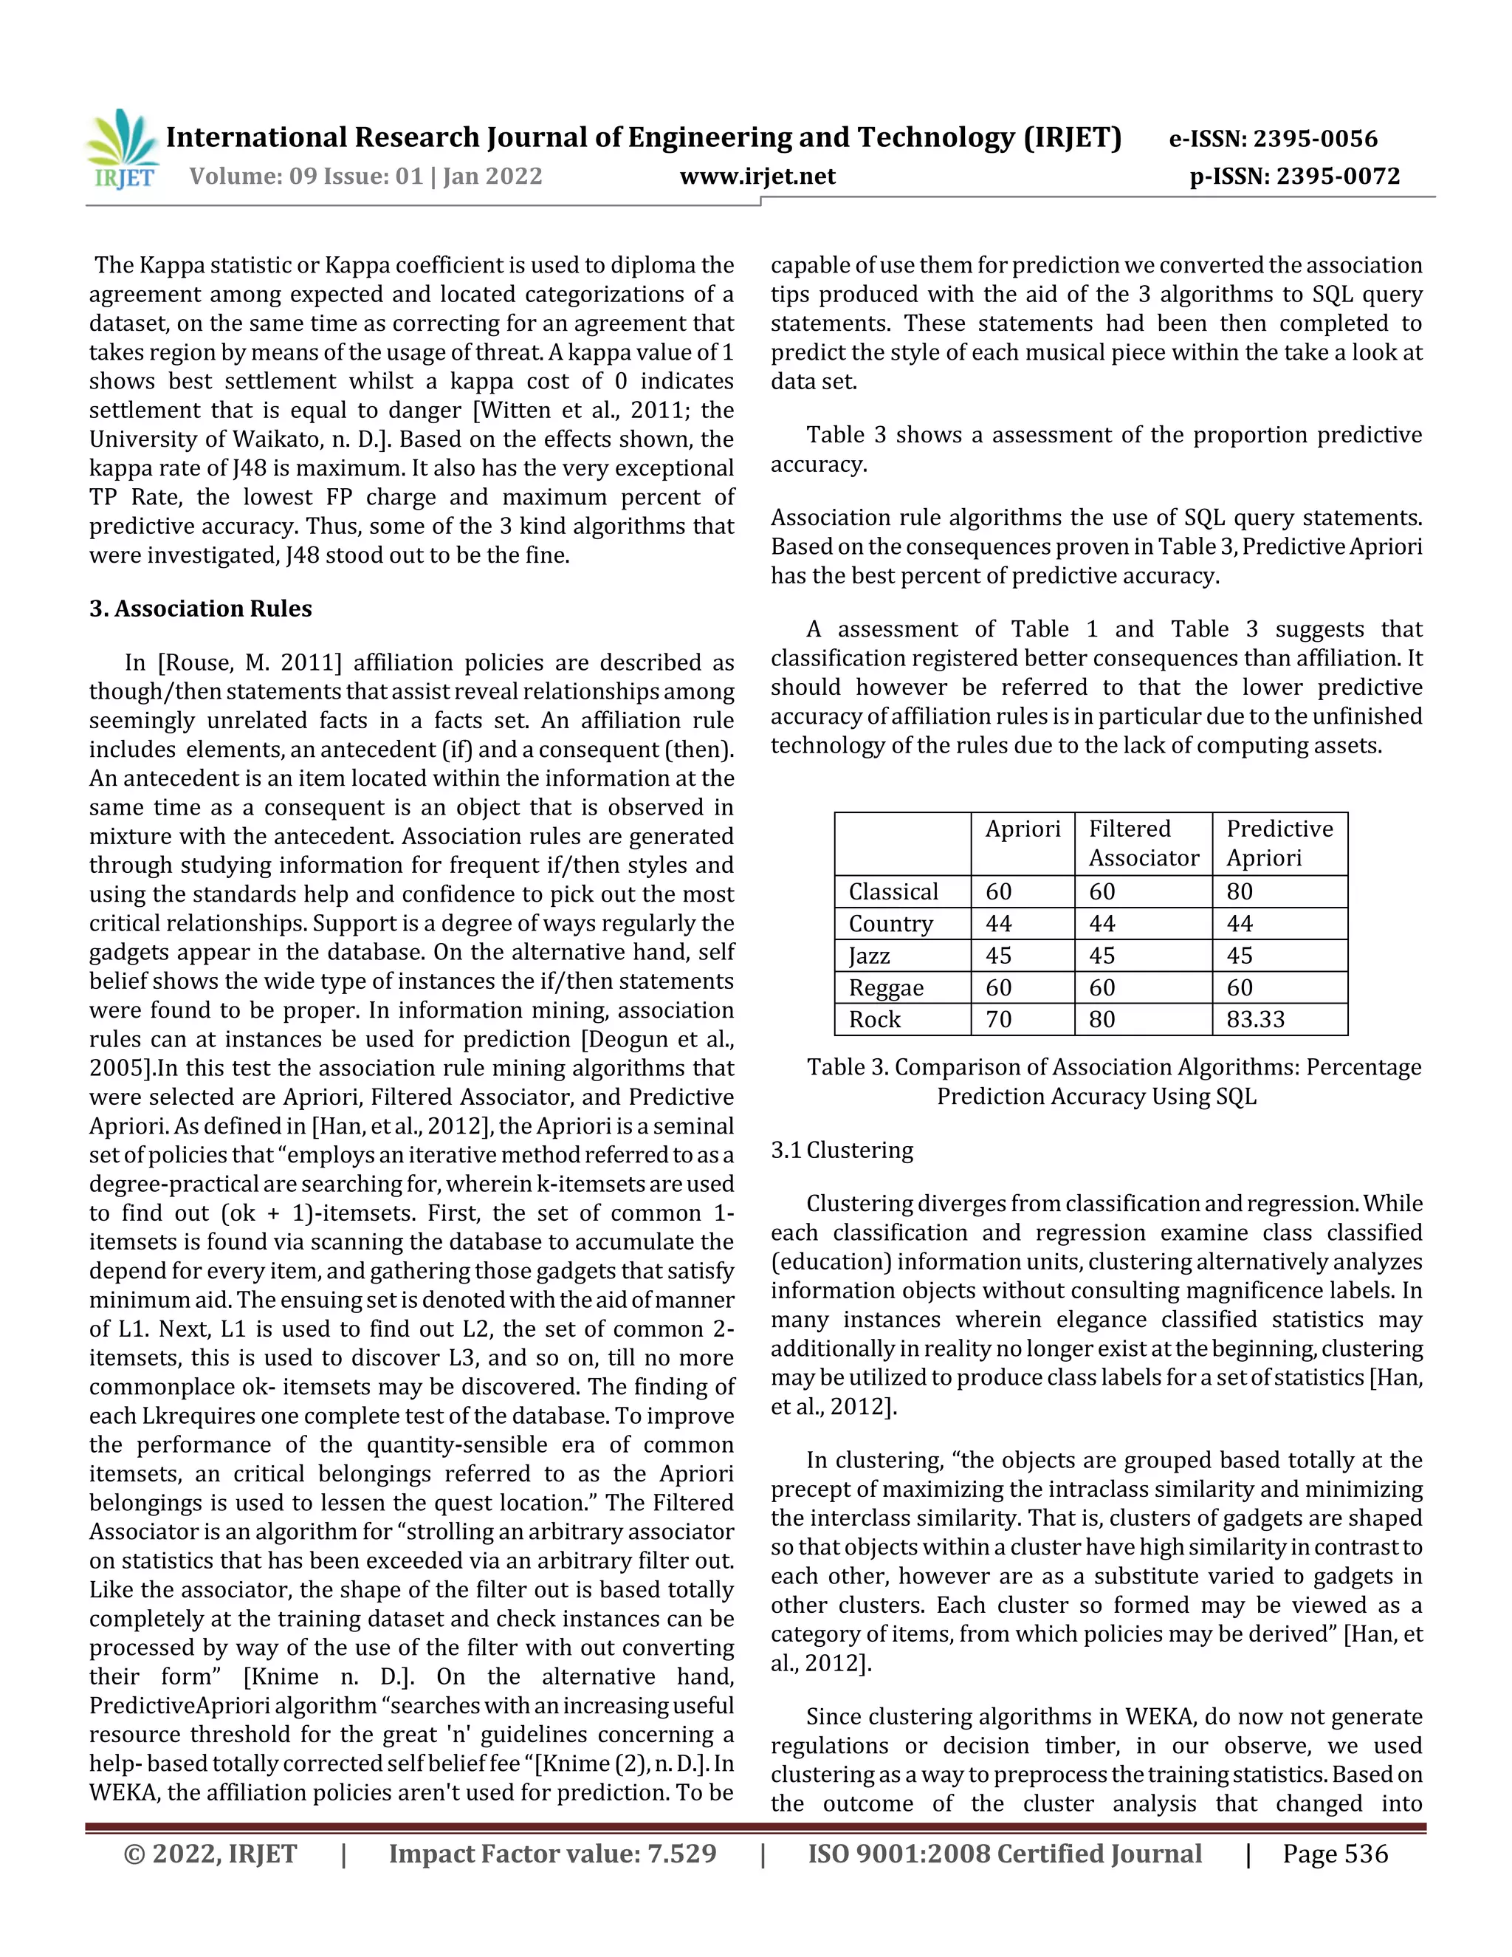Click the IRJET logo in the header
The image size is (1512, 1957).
point(123,148)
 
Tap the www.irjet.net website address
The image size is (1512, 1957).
point(757,176)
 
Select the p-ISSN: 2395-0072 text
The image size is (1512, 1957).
point(1293,176)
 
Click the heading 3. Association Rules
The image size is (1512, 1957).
point(201,609)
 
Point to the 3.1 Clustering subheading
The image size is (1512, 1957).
point(842,1150)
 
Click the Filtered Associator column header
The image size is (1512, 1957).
point(1143,843)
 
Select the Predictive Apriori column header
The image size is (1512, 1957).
point(1279,843)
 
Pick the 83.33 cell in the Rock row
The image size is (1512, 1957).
point(1255,1020)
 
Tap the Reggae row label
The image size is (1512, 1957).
point(886,987)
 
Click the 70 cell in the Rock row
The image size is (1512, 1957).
point(998,1020)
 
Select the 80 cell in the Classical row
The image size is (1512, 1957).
point(1240,891)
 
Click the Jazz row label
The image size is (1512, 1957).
point(869,956)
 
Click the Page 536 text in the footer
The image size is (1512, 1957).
point(1335,1854)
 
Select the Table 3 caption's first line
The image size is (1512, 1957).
point(1113,1067)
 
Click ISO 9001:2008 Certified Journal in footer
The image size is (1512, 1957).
point(1004,1854)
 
